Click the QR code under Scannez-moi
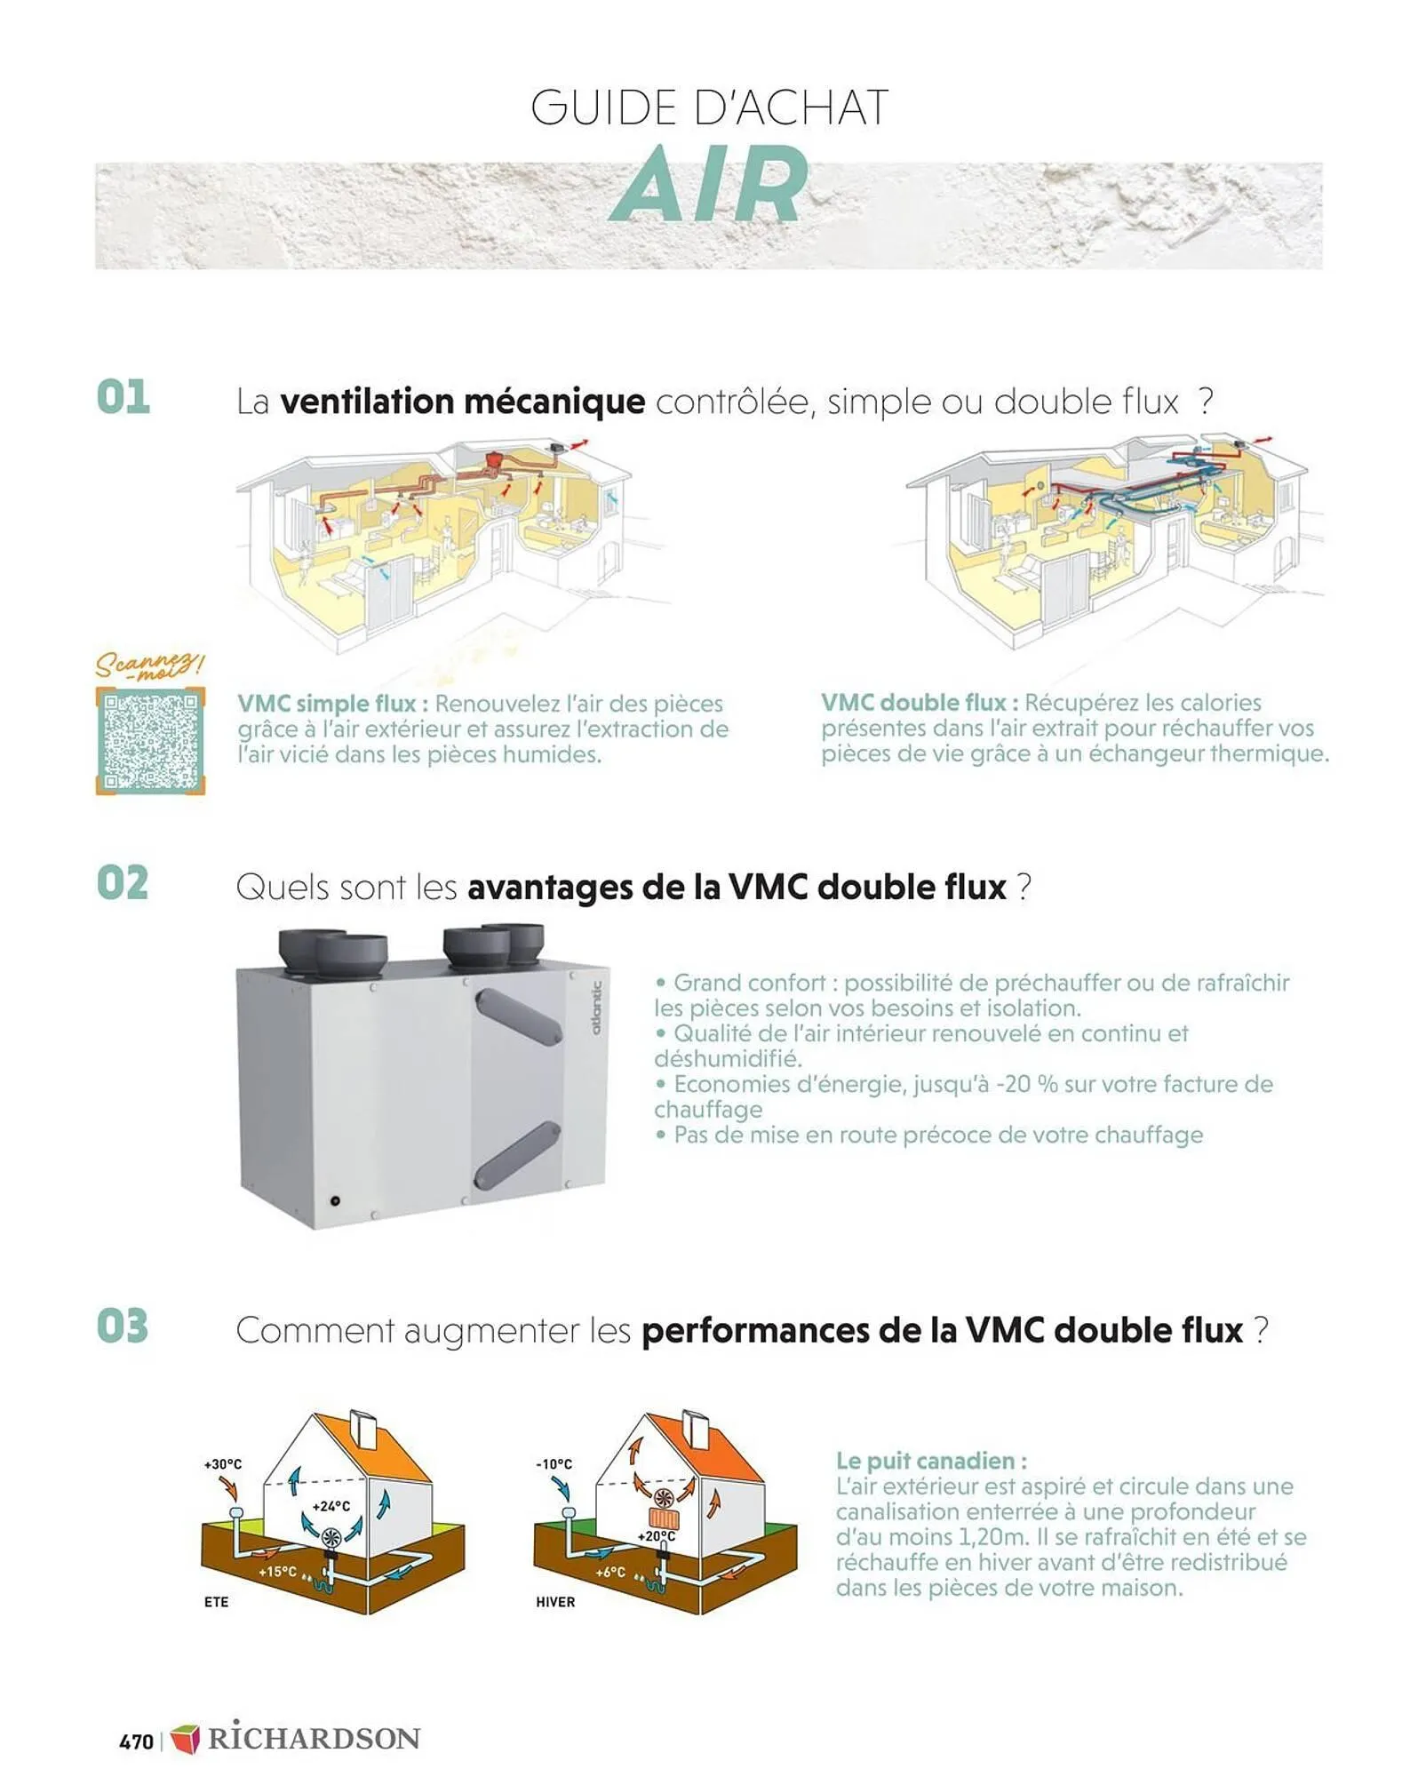tap(150, 741)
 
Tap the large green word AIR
tap(710, 186)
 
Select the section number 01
tap(123, 397)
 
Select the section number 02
tap(123, 883)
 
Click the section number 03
tap(123, 1327)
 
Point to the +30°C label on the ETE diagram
tap(222, 1464)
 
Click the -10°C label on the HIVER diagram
tap(554, 1464)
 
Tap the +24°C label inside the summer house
tap(331, 1507)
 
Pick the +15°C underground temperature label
tap(277, 1572)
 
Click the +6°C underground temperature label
tap(610, 1572)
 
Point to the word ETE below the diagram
tap(216, 1602)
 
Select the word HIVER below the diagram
tap(555, 1602)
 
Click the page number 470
tap(136, 1741)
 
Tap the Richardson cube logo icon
tap(185, 1739)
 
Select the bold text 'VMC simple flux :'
tap(332, 704)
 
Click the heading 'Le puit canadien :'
tap(931, 1462)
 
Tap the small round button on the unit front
tap(335, 1201)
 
